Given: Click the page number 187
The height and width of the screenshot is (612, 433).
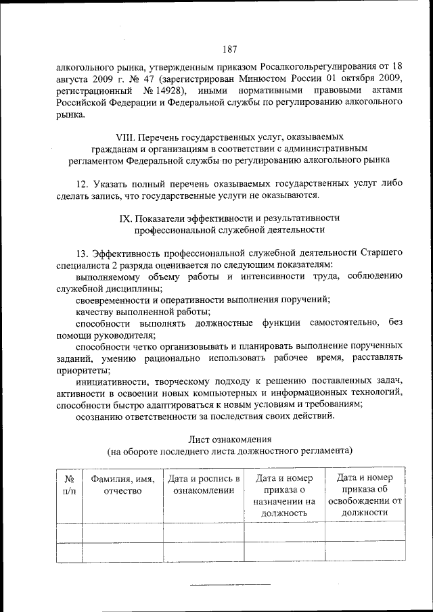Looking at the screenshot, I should tap(229, 49).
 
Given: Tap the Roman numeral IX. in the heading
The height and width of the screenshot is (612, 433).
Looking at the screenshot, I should tap(126, 218).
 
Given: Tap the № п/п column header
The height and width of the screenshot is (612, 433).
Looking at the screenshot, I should tap(68, 485).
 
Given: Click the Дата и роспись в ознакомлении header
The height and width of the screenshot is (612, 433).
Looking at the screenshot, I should tap(203, 485).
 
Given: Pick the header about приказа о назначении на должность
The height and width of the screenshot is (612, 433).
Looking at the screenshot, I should tap(285, 496).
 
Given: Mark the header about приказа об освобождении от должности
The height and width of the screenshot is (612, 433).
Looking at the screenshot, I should tap(365, 495).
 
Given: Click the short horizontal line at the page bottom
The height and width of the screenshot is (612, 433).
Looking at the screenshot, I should tap(230, 584).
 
